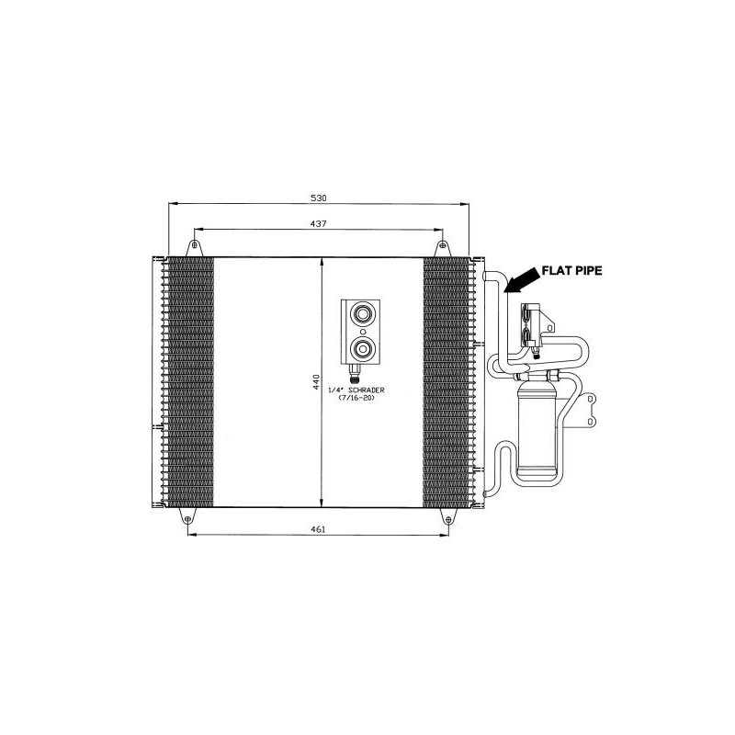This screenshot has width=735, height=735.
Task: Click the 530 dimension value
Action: click(319, 198)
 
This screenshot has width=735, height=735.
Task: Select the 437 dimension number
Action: click(318, 224)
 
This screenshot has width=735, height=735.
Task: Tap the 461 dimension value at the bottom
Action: click(318, 530)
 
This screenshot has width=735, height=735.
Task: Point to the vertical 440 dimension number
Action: click(316, 382)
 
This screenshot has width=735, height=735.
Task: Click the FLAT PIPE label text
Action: click(571, 270)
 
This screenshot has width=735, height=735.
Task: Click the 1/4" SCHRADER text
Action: click(356, 390)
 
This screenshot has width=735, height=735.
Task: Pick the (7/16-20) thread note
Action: click(356, 398)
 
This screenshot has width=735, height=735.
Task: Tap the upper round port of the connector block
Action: click(362, 313)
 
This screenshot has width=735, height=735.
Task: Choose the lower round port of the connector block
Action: click(362, 348)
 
